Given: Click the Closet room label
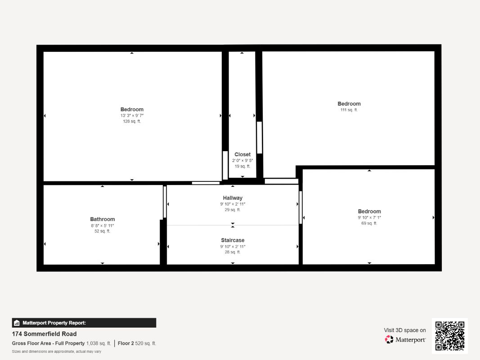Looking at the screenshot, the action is [x=242, y=155].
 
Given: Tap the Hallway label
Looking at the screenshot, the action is [x=233, y=198].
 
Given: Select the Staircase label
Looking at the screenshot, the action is [x=233, y=240].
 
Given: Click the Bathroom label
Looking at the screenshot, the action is [x=103, y=219].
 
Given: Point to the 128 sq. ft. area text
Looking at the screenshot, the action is [x=132, y=121].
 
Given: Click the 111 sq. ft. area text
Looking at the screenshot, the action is [x=349, y=110].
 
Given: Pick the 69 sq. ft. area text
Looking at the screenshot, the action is [x=369, y=223].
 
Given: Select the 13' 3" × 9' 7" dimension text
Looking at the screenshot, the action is [x=132, y=116].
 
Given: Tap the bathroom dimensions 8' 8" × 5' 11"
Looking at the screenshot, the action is [x=102, y=225].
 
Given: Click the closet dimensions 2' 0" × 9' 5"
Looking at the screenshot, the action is [x=242, y=160].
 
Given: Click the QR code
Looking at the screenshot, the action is [x=450, y=336].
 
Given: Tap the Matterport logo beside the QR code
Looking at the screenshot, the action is [x=405, y=339].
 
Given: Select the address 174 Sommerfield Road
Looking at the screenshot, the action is [x=45, y=334].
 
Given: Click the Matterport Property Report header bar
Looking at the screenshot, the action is [x=84, y=323].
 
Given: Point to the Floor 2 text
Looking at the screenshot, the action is [x=126, y=343].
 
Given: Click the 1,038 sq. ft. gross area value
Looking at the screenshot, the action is [x=99, y=343].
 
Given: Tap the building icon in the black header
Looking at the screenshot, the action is [x=17, y=323].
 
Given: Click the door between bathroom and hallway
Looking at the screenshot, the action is [x=165, y=202].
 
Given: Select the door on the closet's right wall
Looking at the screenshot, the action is [x=259, y=137].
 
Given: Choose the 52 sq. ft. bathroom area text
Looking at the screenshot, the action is [x=102, y=231].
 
